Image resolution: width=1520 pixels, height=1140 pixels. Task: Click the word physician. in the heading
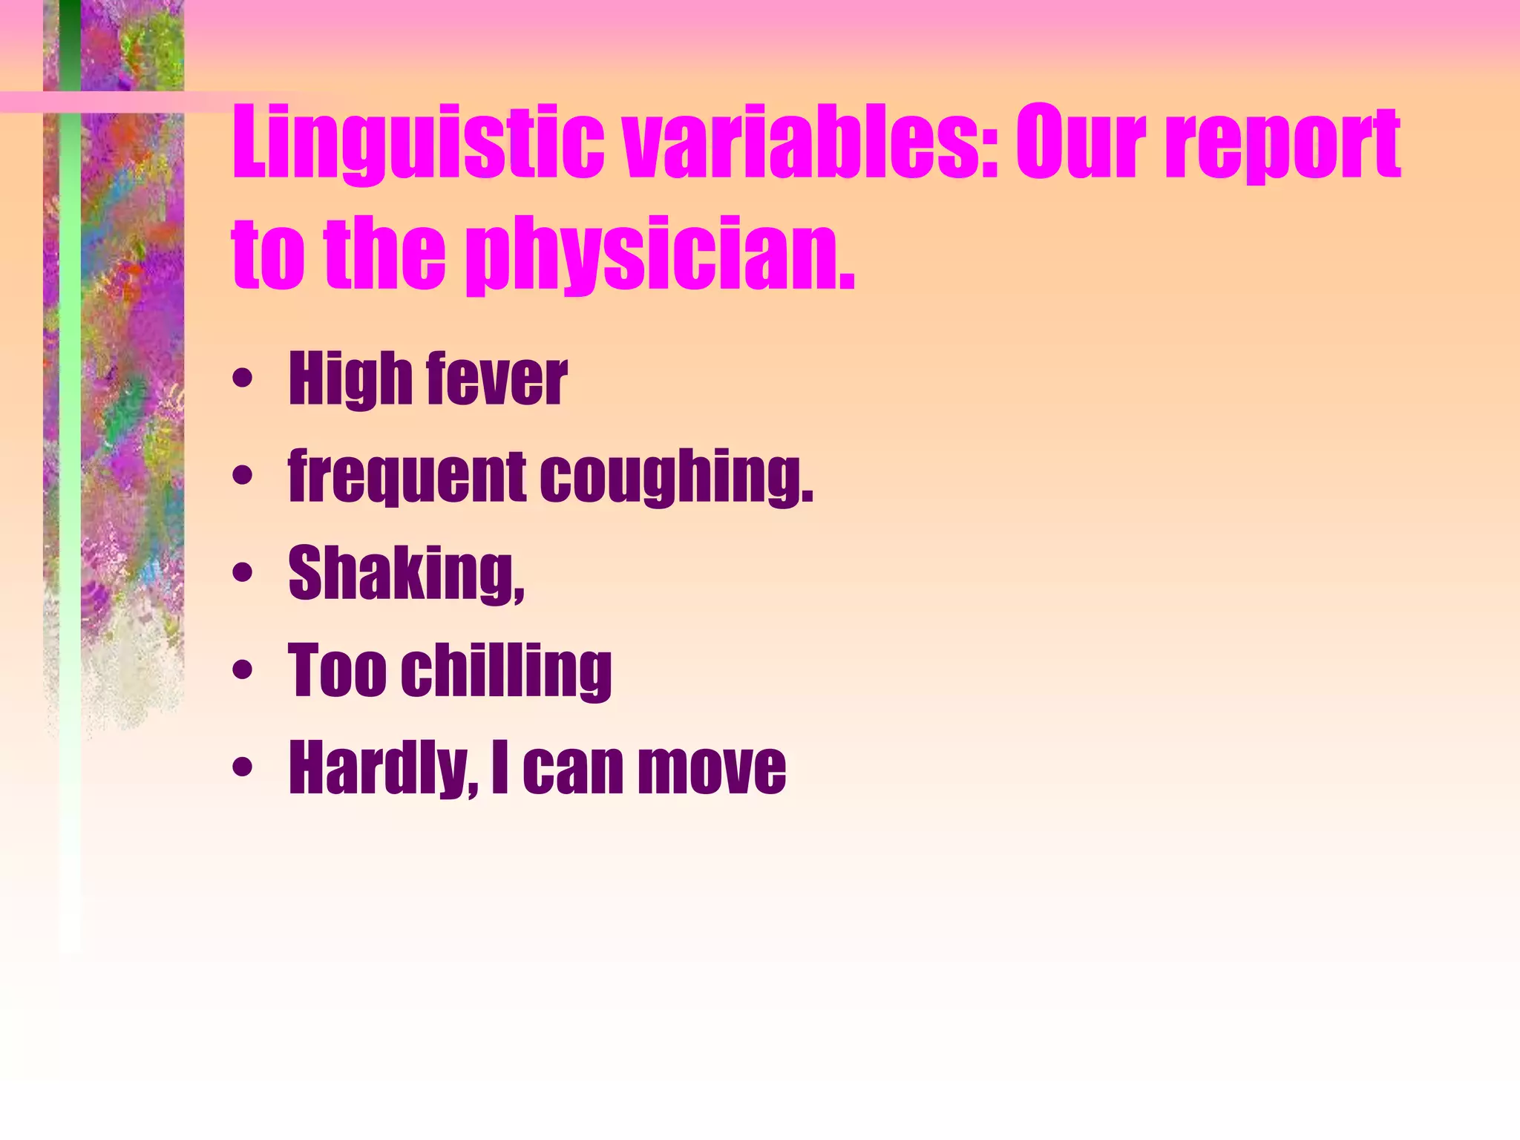661,256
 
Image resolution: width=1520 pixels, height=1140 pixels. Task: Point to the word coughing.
676,479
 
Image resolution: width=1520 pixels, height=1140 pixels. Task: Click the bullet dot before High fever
242,380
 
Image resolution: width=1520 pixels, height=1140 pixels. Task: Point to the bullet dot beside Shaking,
242,574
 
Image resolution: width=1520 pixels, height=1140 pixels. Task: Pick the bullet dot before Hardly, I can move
242,767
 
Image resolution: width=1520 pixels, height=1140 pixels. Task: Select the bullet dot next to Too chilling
242,671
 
